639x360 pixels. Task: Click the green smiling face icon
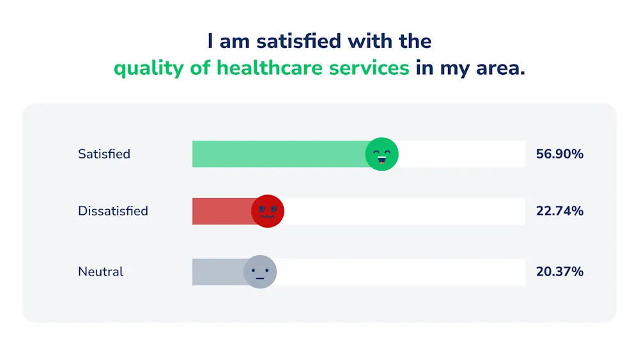coord(382,154)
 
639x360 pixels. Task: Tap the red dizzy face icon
coord(267,211)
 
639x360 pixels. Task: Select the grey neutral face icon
coord(260,272)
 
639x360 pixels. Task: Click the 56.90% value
coord(560,154)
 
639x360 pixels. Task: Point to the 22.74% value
coord(560,211)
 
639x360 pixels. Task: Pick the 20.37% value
coord(560,272)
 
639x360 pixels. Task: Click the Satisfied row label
coord(104,154)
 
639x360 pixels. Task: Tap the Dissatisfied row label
coord(113,211)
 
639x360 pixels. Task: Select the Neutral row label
coord(100,272)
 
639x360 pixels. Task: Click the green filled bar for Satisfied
coord(279,154)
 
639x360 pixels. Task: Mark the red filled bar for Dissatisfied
coord(222,211)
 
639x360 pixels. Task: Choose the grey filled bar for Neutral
coord(219,272)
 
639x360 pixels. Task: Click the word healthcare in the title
coord(313,68)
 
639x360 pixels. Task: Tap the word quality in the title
coord(149,68)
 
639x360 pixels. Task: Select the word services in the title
coord(369,68)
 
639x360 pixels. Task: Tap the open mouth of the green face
coord(382,160)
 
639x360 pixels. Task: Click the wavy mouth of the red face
coord(267,217)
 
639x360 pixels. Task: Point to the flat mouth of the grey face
coord(260,278)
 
